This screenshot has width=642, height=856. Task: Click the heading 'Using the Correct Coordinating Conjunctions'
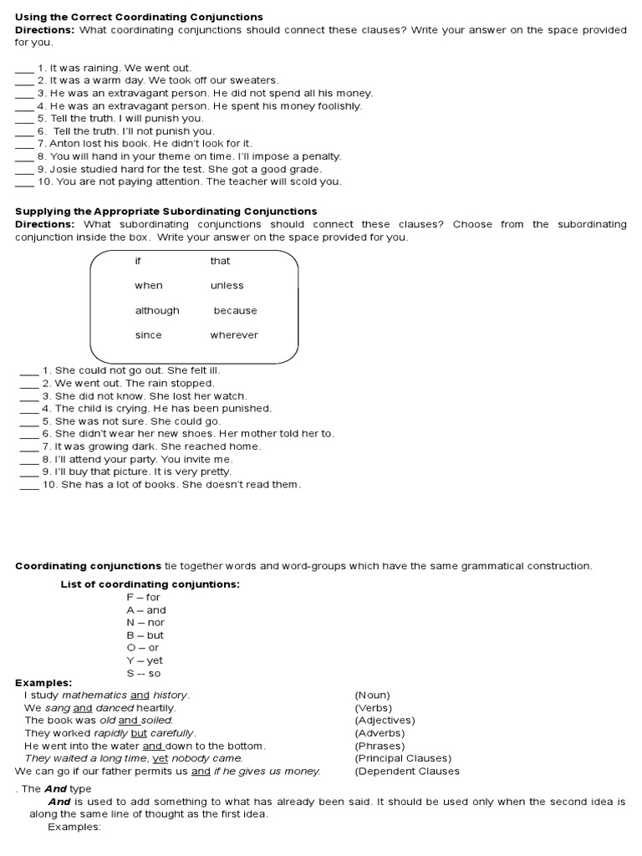(x=139, y=17)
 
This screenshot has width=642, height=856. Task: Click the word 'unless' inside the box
(x=227, y=286)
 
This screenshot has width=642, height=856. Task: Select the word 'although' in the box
(x=157, y=310)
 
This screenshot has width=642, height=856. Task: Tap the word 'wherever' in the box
(x=234, y=335)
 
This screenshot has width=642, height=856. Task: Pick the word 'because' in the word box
(x=235, y=310)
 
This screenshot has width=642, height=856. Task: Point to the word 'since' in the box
(x=148, y=335)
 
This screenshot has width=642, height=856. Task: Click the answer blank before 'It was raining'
(x=24, y=69)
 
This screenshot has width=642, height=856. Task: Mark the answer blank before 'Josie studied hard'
(x=24, y=170)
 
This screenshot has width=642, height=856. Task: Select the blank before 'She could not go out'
(x=28, y=371)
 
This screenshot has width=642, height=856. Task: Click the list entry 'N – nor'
(x=145, y=623)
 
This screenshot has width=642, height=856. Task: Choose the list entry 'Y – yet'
(x=145, y=660)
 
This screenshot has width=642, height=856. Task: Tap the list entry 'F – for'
(x=143, y=598)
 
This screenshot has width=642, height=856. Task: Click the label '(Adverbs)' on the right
(x=380, y=733)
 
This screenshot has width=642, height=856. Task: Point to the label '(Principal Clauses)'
(x=403, y=758)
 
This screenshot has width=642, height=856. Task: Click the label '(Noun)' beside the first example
(x=372, y=695)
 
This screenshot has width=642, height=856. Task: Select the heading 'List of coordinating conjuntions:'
(x=150, y=584)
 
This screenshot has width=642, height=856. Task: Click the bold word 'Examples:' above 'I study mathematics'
(x=43, y=683)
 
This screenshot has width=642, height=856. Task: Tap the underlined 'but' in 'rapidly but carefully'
(x=139, y=733)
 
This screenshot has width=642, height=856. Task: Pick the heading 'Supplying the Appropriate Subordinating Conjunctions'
(x=166, y=211)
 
